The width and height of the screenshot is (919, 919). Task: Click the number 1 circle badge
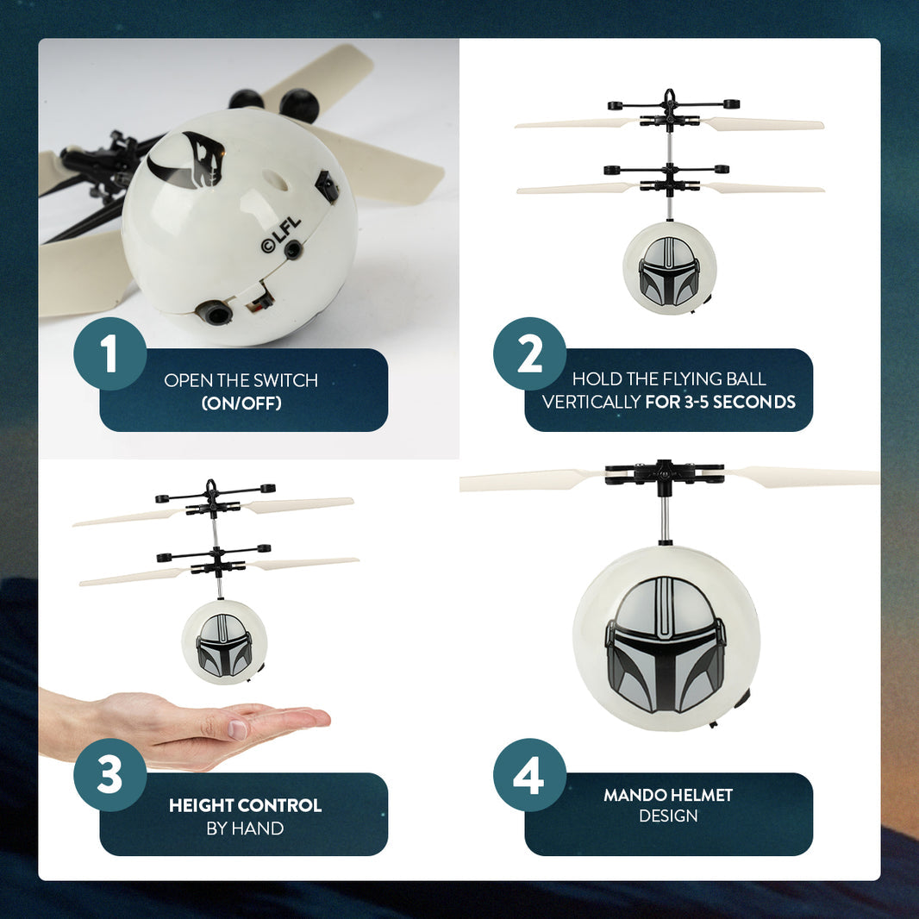click(x=109, y=354)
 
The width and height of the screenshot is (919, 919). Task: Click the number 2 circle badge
click(x=529, y=354)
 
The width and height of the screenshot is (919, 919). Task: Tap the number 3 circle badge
click(x=109, y=775)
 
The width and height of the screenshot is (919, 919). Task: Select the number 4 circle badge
click(x=529, y=775)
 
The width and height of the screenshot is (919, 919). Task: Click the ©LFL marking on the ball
click(x=281, y=235)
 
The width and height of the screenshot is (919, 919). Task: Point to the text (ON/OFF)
click(x=241, y=403)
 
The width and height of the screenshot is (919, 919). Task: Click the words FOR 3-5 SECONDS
click(x=720, y=402)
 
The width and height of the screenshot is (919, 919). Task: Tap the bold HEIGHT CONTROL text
click(x=245, y=805)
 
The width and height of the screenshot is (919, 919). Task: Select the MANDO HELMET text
click(x=668, y=795)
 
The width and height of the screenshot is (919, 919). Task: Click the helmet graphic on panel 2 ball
click(x=669, y=271)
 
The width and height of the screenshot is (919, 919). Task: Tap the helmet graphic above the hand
click(x=224, y=644)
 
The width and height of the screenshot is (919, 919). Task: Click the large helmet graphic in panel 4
click(x=666, y=644)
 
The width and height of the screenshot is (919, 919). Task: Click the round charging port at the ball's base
click(x=214, y=312)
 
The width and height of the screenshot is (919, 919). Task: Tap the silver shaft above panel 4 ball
click(x=665, y=518)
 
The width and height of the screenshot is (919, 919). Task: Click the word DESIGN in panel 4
click(x=668, y=816)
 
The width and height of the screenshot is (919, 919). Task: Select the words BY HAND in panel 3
click(x=245, y=828)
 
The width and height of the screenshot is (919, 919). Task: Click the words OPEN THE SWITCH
click(x=241, y=380)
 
